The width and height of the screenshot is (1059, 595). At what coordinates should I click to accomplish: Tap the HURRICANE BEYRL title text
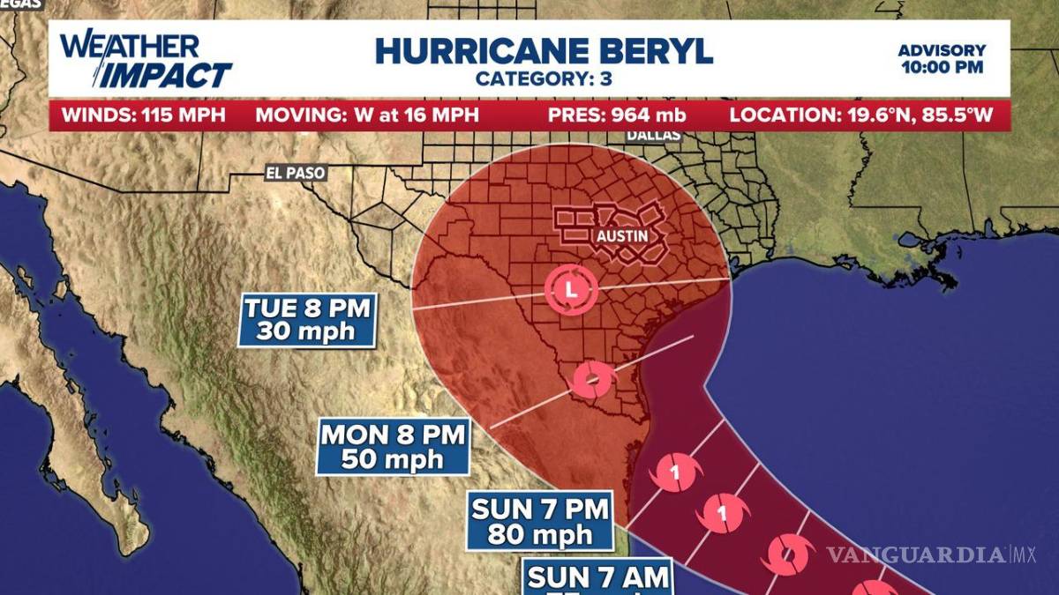pyautogui.click(x=544, y=50)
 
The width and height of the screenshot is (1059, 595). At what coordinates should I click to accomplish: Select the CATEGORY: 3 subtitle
pyautogui.click(x=544, y=78)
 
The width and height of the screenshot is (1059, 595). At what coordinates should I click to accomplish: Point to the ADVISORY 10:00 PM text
pyautogui.click(x=942, y=59)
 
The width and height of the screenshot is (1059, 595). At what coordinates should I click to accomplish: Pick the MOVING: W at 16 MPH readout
pyautogui.click(x=367, y=115)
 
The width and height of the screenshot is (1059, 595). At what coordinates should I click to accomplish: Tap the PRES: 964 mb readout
pyautogui.click(x=617, y=115)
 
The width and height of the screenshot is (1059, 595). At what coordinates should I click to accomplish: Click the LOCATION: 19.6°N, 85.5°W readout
pyautogui.click(x=866, y=115)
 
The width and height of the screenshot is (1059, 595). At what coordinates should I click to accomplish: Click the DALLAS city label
pyautogui.click(x=654, y=135)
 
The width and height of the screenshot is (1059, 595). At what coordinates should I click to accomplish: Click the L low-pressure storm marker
pyautogui.click(x=570, y=288)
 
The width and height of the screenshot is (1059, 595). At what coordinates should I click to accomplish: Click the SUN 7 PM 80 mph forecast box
pyautogui.click(x=541, y=521)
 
